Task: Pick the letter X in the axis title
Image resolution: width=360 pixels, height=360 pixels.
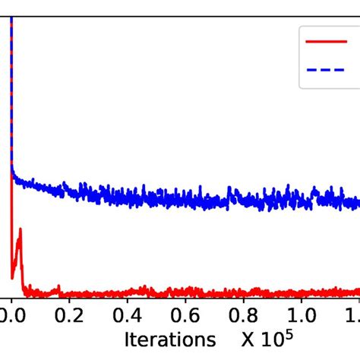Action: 251,339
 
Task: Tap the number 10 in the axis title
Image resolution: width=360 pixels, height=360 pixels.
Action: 273,339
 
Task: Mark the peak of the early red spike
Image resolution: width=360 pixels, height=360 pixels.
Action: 19,229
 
